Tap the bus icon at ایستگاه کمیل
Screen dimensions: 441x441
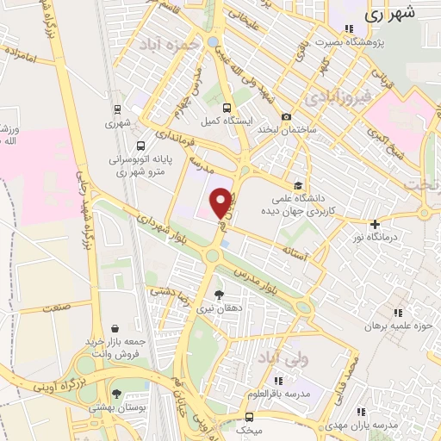tap(227, 109)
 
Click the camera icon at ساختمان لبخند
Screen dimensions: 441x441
tap(287, 116)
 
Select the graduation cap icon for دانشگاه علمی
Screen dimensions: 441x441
tap(298, 185)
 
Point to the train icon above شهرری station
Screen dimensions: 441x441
tap(115, 109)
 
